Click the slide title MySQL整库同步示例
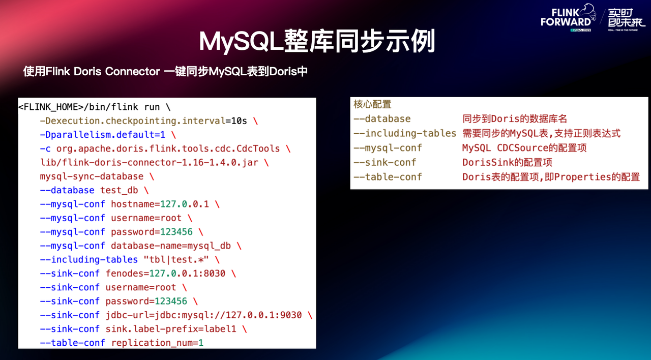(x=317, y=42)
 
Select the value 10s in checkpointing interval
(x=239, y=121)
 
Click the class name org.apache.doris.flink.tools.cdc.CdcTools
(x=168, y=148)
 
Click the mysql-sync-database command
(x=92, y=176)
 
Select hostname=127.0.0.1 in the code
(x=159, y=204)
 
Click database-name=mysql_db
(x=170, y=246)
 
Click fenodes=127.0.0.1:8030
(x=165, y=273)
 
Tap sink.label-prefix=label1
(x=170, y=329)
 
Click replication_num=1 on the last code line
(x=157, y=343)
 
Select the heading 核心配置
(x=372, y=104)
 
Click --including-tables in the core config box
(x=404, y=133)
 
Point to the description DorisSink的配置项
(x=507, y=163)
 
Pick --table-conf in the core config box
(x=388, y=177)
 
